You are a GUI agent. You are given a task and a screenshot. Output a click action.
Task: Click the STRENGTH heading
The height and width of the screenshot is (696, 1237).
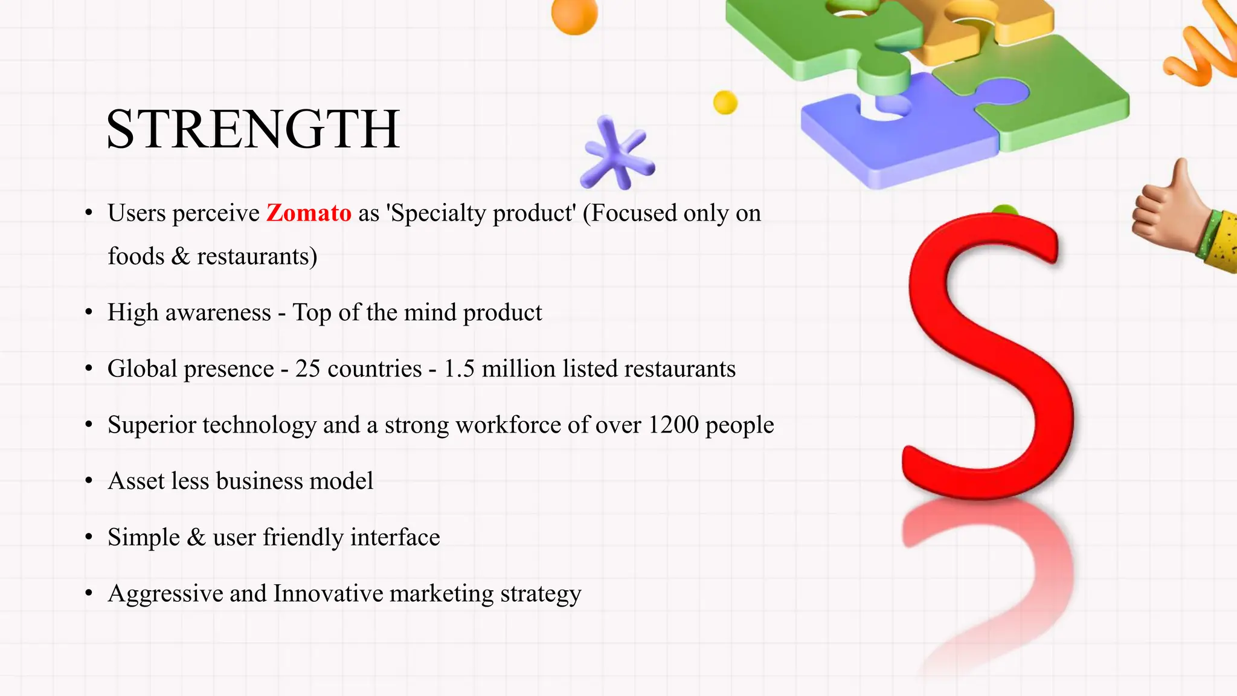point(252,129)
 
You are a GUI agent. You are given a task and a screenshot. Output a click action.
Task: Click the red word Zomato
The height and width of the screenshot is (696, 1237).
point(309,213)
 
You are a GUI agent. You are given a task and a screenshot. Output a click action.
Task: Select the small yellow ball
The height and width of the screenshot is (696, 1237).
point(725,102)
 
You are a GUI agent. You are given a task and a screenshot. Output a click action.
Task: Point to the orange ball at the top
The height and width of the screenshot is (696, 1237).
point(574,14)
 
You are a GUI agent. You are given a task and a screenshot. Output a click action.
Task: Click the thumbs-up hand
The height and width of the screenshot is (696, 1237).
point(1175,214)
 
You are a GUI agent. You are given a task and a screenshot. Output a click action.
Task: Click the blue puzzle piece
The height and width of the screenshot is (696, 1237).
point(894,133)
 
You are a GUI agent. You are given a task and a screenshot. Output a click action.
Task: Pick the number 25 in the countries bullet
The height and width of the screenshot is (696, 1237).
point(307,369)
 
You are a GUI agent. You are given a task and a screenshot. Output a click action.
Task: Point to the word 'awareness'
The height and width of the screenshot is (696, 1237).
point(218,313)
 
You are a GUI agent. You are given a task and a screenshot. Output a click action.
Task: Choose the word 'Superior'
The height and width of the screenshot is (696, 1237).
point(152,425)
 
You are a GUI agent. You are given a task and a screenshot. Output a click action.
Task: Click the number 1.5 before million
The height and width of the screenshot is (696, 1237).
point(459,369)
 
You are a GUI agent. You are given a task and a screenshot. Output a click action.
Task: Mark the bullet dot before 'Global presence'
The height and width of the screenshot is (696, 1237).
point(89,369)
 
